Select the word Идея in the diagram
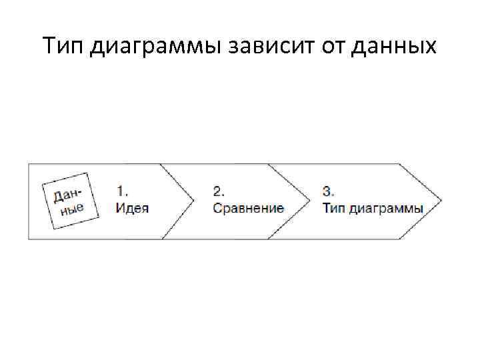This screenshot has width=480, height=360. [x=132, y=207]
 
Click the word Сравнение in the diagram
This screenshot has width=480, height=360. [x=248, y=207]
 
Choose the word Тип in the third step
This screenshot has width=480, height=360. [x=334, y=207]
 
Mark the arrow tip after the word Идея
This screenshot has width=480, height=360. [x=193, y=200]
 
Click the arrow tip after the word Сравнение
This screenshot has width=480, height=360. [x=309, y=200]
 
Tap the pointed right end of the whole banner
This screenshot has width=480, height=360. [x=439, y=200]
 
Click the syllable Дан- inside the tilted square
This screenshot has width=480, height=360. [x=67, y=193]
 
